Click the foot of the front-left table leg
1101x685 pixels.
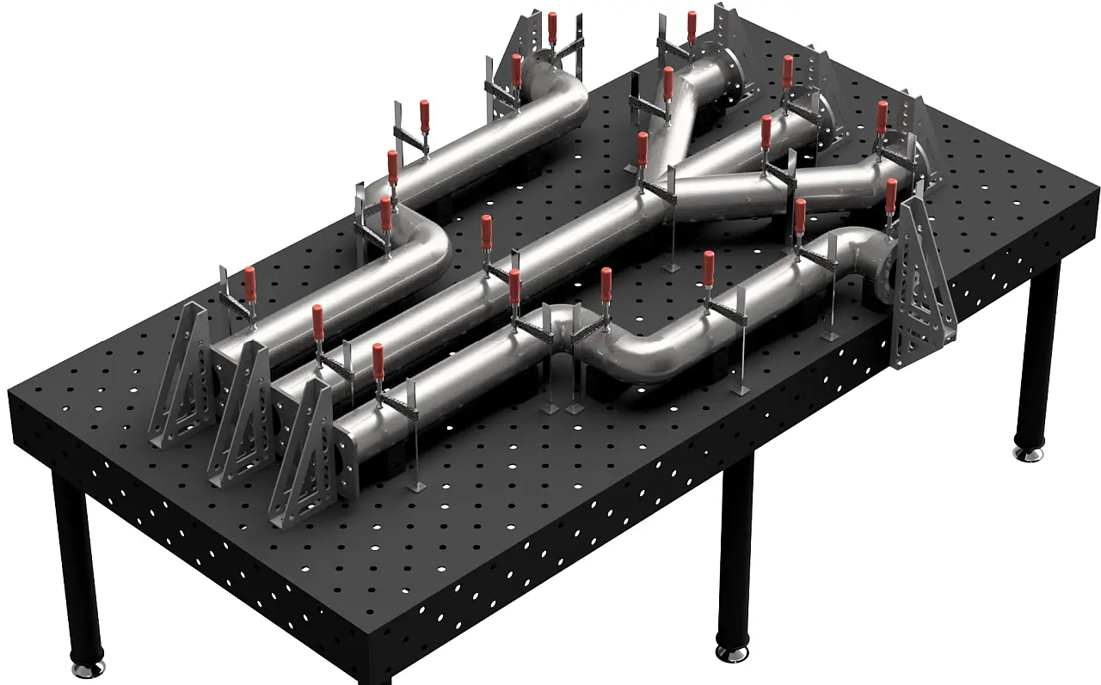pyautogui.click(x=88, y=666)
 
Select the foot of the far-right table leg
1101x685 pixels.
pyautogui.click(x=1030, y=451)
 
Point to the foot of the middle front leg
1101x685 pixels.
pyautogui.click(x=732, y=653)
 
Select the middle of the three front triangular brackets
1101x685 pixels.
pyautogui.click(x=245, y=413)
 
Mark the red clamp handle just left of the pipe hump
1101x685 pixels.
pyautogui.click(x=514, y=288)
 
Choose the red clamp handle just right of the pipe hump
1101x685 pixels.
pyautogui.click(x=606, y=286)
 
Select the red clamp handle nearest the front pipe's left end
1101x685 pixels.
pyautogui.click(x=378, y=361)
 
